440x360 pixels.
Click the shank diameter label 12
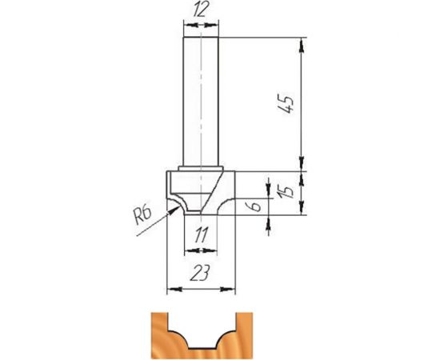(x=201, y=10)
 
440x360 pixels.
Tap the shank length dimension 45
(x=287, y=103)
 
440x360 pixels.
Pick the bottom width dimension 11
(x=201, y=235)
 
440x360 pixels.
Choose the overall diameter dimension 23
(x=200, y=273)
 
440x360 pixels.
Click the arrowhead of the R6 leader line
(x=174, y=210)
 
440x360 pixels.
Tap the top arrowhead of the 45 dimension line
(x=302, y=45)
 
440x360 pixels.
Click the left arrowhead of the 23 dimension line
(x=174, y=289)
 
